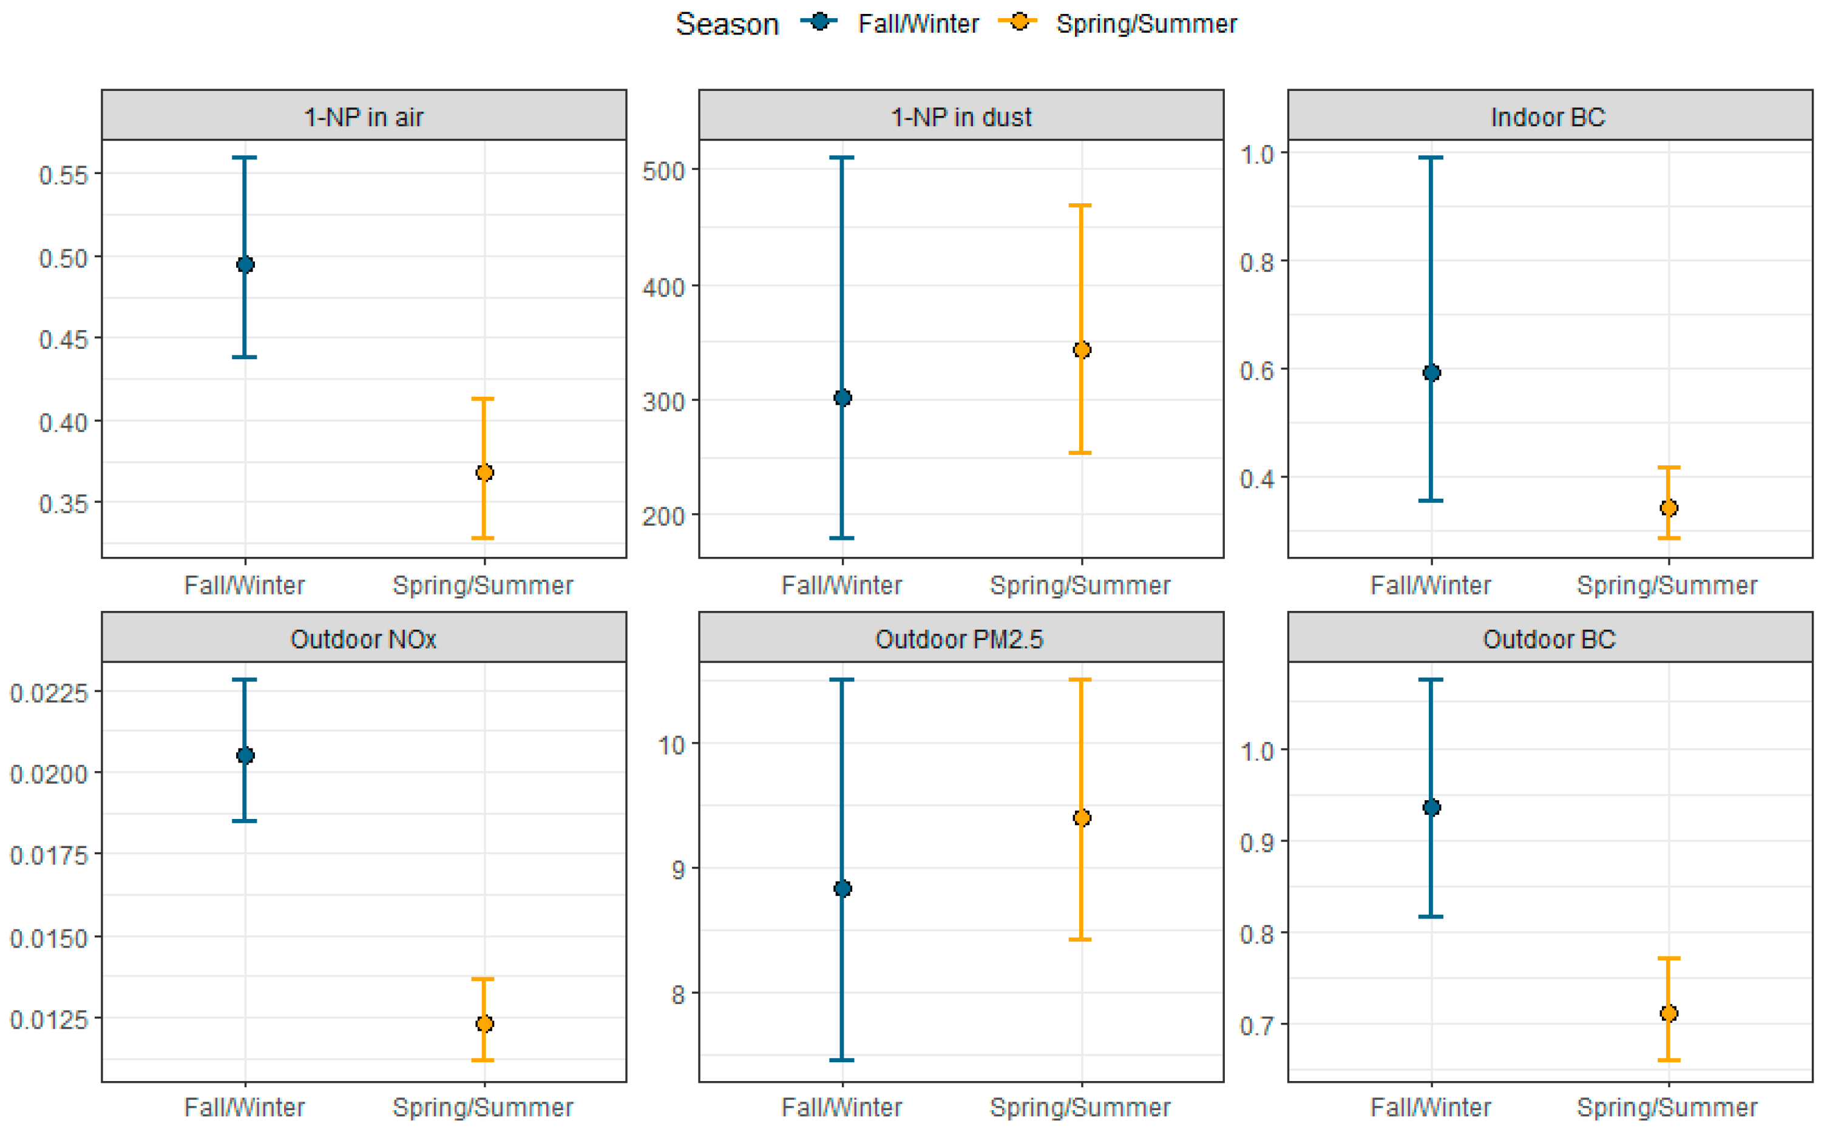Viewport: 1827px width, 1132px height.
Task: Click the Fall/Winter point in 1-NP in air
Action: tap(245, 264)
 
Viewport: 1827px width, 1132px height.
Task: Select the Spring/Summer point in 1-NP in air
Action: tap(484, 473)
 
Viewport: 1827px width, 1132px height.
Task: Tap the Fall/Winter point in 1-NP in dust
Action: tap(842, 397)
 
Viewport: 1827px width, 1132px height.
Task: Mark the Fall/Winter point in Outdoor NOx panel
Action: tap(245, 755)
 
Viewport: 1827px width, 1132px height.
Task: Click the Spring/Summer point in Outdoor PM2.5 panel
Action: tap(1081, 818)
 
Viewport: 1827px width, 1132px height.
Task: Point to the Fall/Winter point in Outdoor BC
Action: tap(1431, 807)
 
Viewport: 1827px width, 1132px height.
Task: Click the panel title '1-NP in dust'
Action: tap(960, 117)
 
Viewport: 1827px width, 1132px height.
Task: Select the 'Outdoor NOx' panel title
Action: tap(364, 639)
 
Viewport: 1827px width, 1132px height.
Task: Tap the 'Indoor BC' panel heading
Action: tap(1548, 117)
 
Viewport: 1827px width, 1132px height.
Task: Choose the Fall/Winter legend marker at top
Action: tap(819, 22)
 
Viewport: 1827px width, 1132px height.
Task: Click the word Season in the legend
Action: tap(727, 24)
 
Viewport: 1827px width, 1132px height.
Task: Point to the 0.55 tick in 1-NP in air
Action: tap(64, 175)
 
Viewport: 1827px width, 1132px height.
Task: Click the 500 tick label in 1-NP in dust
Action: tap(663, 170)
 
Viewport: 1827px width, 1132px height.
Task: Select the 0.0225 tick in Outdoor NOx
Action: tap(49, 693)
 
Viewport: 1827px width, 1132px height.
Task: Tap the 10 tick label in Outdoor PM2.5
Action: tap(671, 745)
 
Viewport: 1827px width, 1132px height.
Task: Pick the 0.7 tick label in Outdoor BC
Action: tap(1257, 1025)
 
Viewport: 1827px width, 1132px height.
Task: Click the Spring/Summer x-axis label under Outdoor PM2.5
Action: tap(1080, 1107)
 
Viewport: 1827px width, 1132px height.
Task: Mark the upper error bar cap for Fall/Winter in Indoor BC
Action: tap(1431, 157)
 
